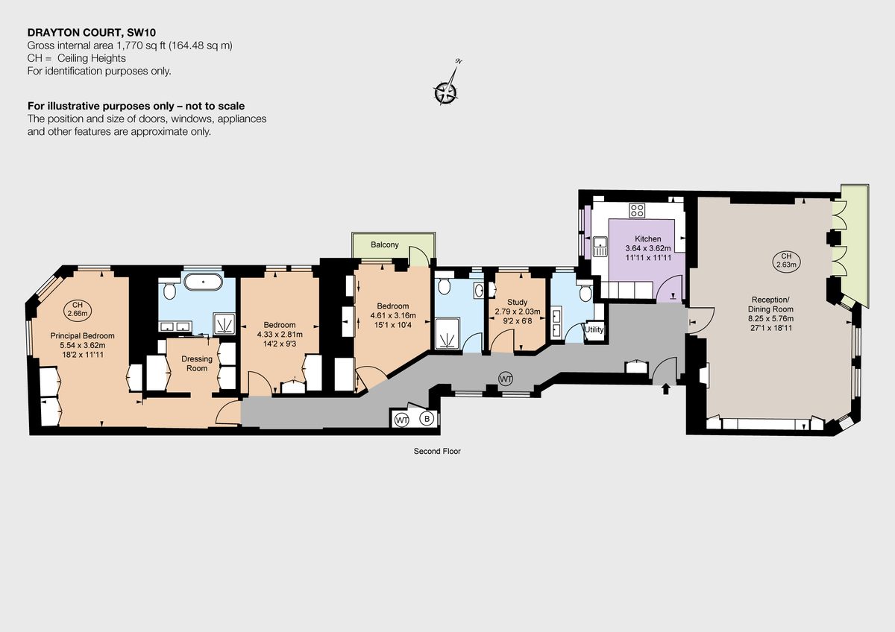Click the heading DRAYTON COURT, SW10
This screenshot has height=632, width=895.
[92, 32]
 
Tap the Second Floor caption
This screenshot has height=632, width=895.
[437, 451]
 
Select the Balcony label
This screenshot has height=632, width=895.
[385, 244]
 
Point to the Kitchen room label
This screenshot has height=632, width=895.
[648, 238]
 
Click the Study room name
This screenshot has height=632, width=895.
[517, 302]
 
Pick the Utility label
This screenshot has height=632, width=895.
[594, 329]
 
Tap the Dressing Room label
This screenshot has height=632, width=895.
[197, 363]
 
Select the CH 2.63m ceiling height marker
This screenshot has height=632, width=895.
[785, 260]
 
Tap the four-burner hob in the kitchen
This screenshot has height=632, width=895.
[637, 210]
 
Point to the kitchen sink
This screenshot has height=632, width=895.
[600, 245]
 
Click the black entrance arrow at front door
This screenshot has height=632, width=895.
[666, 389]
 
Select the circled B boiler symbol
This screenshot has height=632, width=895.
[427, 420]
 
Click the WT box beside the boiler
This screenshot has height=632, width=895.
[402, 420]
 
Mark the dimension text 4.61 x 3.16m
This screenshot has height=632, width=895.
[392, 315]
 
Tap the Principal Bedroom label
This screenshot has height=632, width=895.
[82, 335]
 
